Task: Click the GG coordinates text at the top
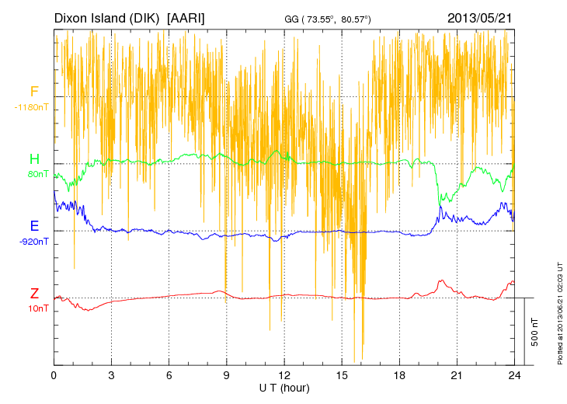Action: pyautogui.click(x=339, y=19)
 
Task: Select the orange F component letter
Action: pyautogui.click(x=34, y=92)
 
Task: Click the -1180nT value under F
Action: pyautogui.click(x=32, y=106)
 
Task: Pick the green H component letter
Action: pyautogui.click(x=34, y=159)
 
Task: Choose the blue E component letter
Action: pyautogui.click(x=34, y=226)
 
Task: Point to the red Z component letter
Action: pyautogui.click(x=34, y=294)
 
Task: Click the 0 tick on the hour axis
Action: pyautogui.click(x=54, y=375)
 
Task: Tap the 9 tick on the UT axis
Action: pyautogui.click(x=227, y=375)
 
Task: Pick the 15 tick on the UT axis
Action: pyautogui.click(x=342, y=375)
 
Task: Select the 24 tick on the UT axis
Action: pyautogui.click(x=514, y=375)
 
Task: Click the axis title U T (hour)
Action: pyautogui.click(x=284, y=387)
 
